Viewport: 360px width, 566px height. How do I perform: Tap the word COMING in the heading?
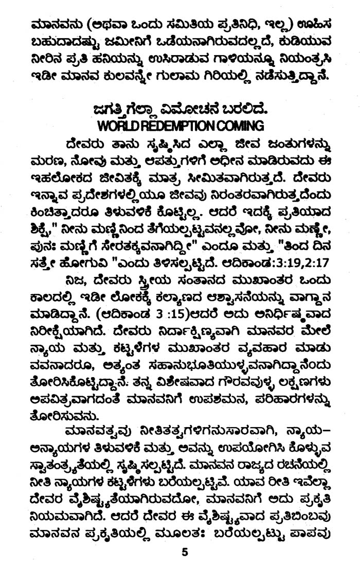click(x=242, y=126)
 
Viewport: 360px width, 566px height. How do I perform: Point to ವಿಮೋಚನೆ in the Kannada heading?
click(x=194, y=109)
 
